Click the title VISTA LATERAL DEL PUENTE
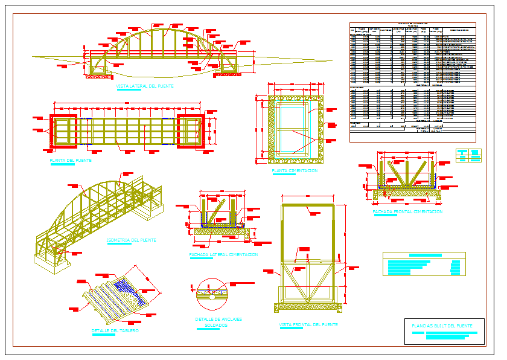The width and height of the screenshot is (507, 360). [x=145, y=86]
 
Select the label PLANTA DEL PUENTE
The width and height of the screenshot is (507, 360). [x=71, y=161]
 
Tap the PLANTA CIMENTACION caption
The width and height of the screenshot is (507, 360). [x=295, y=171]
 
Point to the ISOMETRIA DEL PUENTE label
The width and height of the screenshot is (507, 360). [x=131, y=240]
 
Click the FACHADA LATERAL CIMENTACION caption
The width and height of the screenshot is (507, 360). [x=223, y=255]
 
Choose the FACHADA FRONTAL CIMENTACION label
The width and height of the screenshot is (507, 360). [x=407, y=212]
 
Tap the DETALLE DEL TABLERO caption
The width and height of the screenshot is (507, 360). [x=115, y=331]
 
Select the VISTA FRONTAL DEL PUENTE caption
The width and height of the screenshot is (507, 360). [x=308, y=324]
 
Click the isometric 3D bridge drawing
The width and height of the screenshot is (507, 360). [x=97, y=217]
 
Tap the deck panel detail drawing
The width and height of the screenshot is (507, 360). [x=121, y=293]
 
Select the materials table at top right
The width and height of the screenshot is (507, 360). [x=413, y=82]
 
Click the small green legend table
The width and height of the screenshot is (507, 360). [x=468, y=155]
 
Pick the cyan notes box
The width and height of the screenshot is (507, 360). [x=424, y=264]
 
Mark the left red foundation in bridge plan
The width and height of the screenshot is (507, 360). [x=63, y=130]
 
